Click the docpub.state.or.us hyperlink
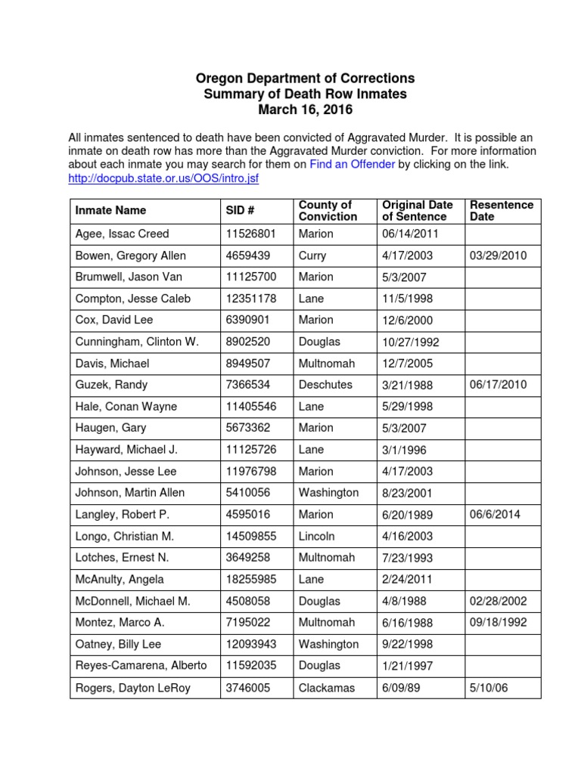pyautogui.click(x=163, y=178)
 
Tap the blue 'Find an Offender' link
pyautogui.click(x=352, y=164)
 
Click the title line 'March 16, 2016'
pyautogui.click(x=305, y=110)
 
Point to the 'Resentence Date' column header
pyautogui.click(x=501, y=210)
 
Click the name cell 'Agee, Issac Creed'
pyautogui.click(x=122, y=234)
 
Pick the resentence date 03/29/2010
pyautogui.click(x=499, y=255)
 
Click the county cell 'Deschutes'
pyautogui.click(x=325, y=385)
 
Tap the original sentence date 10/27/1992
pyautogui.click(x=410, y=342)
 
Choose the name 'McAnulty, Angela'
pyautogui.click(x=120, y=579)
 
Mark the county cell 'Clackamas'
pyautogui.click(x=327, y=688)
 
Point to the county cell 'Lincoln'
pyautogui.click(x=318, y=536)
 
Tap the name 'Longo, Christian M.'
pyautogui.click(x=125, y=536)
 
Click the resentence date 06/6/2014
pyautogui.click(x=496, y=514)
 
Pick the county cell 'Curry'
pyautogui.click(x=312, y=255)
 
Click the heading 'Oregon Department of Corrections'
pyautogui.click(x=305, y=79)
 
